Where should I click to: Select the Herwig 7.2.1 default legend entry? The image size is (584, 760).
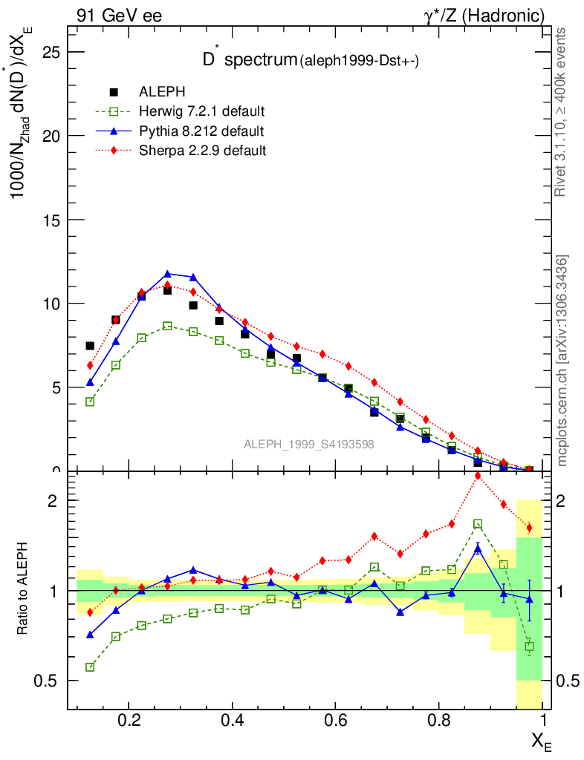point(201,111)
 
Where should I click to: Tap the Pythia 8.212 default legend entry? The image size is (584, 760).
point(201,131)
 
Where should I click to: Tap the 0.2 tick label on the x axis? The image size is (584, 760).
point(129,720)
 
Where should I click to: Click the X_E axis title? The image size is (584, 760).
point(541,740)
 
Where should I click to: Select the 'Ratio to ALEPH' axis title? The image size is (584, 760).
point(22,590)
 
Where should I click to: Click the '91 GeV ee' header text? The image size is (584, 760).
point(119,16)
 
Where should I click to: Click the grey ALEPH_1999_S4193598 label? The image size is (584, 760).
point(308,445)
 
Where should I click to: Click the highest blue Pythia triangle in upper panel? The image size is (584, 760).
point(167,274)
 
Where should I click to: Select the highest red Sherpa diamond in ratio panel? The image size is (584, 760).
point(478,476)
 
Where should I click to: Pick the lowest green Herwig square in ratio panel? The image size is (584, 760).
point(90,667)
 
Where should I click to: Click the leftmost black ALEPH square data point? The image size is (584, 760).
point(90,346)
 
